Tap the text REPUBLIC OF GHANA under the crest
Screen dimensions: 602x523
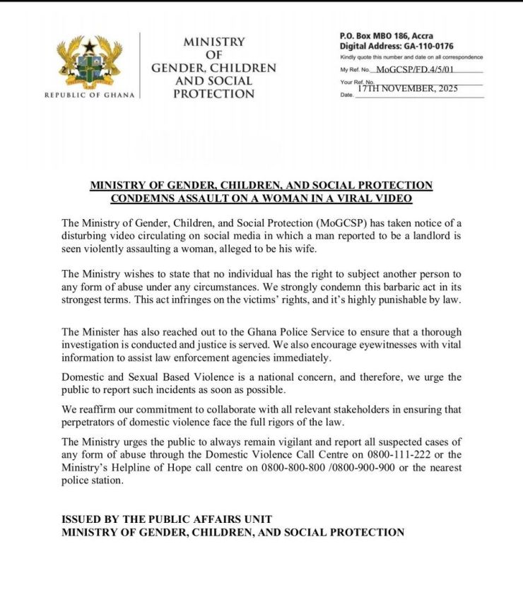(x=89, y=95)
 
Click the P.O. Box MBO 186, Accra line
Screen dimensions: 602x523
(x=386, y=36)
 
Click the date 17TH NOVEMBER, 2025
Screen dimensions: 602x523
(x=407, y=89)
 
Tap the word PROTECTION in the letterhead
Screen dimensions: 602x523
(x=213, y=93)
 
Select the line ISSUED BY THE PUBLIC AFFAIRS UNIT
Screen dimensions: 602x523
(x=166, y=519)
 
